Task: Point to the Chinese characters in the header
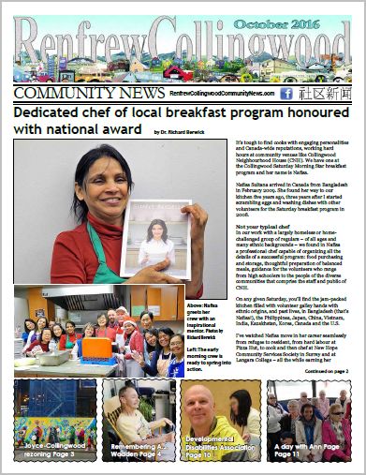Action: pos(327,94)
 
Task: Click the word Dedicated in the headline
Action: pos(51,111)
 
